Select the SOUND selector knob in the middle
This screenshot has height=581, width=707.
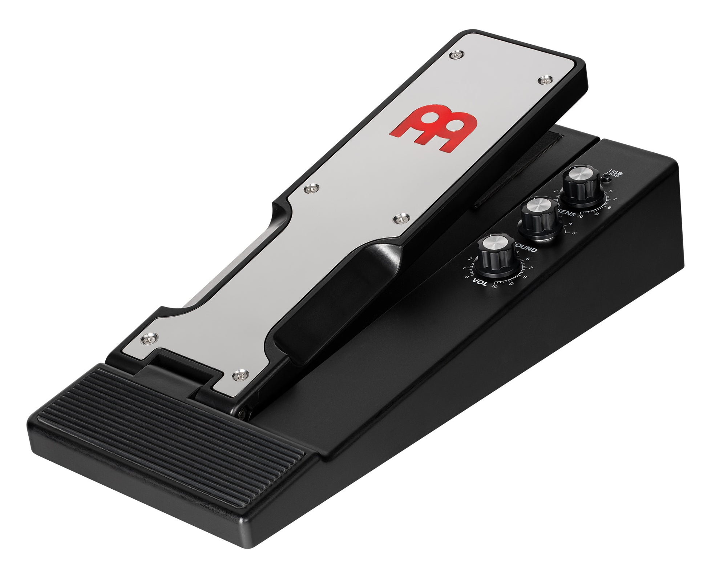pos(539,217)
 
